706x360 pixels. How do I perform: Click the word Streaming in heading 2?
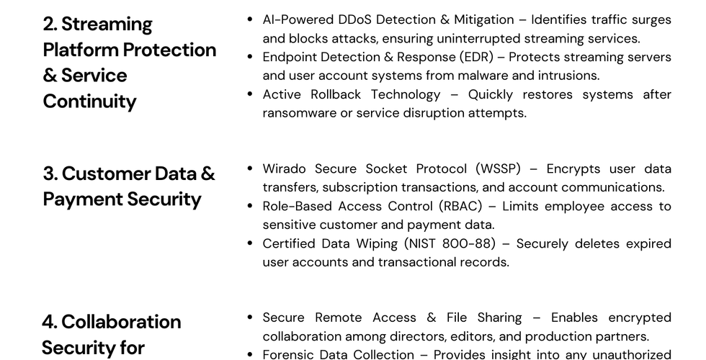point(107,24)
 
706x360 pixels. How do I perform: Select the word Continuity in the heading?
point(89,102)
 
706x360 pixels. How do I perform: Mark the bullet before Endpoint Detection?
point(249,56)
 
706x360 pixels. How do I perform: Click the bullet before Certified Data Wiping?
point(249,243)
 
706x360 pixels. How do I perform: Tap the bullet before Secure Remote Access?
point(249,317)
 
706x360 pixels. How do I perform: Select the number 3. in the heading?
point(50,174)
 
